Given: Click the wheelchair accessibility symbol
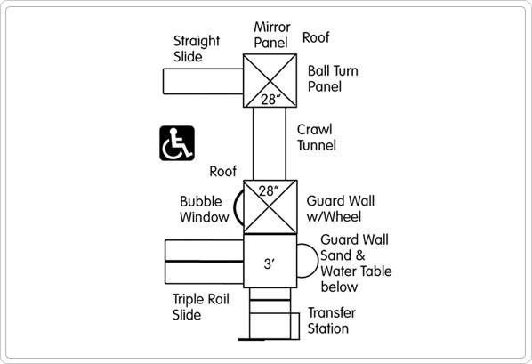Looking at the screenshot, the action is click(x=177, y=143).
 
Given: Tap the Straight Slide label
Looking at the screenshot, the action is click(x=197, y=49).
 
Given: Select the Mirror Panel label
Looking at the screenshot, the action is click(x=271, y=35).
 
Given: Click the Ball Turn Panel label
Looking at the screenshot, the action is click(x=333, y=79).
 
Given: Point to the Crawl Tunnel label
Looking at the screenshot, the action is click(x=317, y=138).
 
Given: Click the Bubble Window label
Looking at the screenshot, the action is click(x=205, y=209).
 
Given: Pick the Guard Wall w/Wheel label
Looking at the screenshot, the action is click(x=341, y=209).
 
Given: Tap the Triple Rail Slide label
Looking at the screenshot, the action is click(x=201, y=307).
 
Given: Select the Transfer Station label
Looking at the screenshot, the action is click(x=332, y=320).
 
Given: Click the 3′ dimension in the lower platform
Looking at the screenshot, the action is click(x=269, y=263).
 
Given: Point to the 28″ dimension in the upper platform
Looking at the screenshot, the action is click(x=271, y=100).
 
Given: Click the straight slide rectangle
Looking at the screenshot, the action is click(x=203, y=81).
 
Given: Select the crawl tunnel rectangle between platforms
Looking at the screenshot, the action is click(x=270, y=143).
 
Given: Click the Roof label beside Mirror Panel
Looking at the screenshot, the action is click(x=316, y=37).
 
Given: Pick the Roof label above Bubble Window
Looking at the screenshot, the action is click(x=223, y=172).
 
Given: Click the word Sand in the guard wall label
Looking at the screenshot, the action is click(x=336, y=255).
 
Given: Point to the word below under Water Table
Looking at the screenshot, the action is click(x=339, y=287).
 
